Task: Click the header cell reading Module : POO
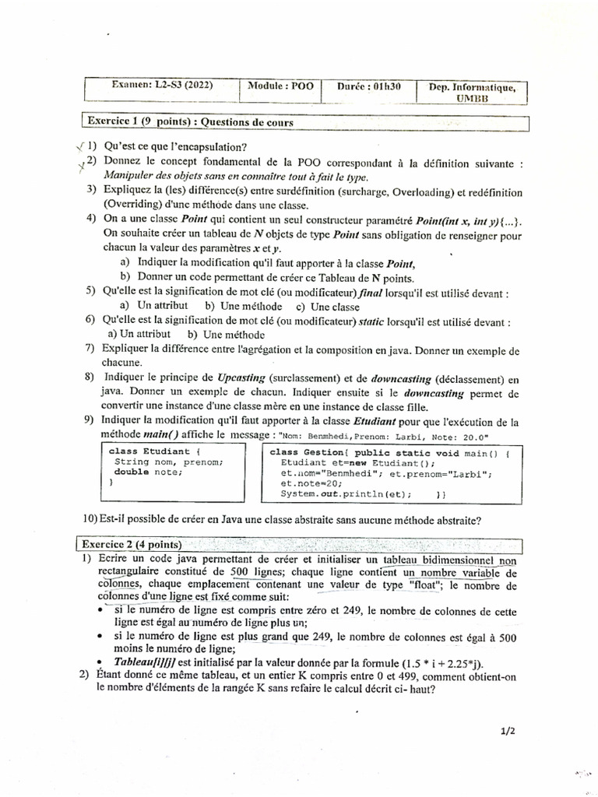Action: click(280, 87)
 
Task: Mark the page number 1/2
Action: click(505, 731)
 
